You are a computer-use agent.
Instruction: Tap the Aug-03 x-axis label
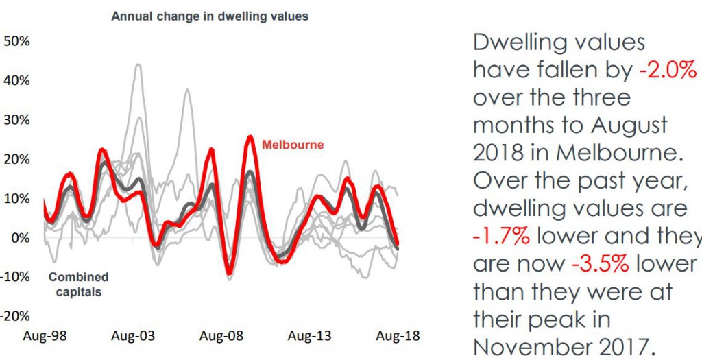point(134,337)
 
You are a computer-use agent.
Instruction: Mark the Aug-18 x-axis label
point(397,337)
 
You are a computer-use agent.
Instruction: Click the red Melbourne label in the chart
point(293,145)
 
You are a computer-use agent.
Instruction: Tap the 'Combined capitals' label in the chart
point(78,285)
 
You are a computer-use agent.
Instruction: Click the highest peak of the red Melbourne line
point(250,136)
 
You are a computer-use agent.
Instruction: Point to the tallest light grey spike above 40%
point(138,65)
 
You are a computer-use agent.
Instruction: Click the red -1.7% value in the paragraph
point(501,236)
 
